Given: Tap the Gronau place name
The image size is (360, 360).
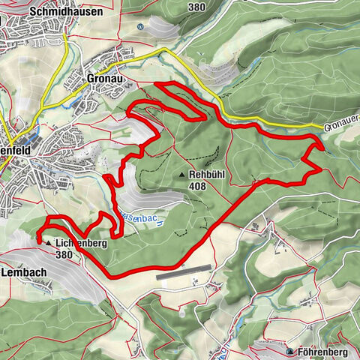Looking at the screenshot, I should (x=104, y=77).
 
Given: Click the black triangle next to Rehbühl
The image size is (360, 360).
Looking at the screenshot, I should (x=182, y=175).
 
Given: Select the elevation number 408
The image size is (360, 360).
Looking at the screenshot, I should (x=198, y=186).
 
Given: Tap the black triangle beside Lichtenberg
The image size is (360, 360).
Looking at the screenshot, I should (x=48, y=244).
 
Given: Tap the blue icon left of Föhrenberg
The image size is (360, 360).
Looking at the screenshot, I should (x=291, y=350).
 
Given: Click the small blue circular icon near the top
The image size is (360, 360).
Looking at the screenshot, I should (x=140, y=26).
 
